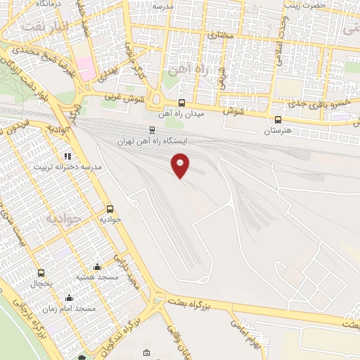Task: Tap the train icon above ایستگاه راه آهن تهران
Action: [152, 130]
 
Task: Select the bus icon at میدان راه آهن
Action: [182, 103]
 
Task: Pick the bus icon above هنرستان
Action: [278, 120]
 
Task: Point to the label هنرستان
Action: [277, 131]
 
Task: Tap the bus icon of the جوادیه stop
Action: [110, 210]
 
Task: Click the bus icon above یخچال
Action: [41, 273]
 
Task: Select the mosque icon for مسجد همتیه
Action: [96, 267]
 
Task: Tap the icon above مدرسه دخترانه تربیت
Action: [67, 157]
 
